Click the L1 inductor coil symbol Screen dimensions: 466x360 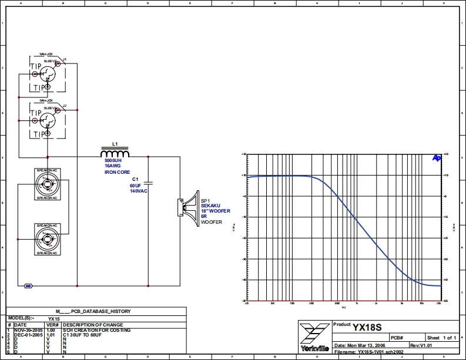point(115,154)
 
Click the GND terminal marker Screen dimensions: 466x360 point(28,286)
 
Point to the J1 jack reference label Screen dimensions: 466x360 point(65,60)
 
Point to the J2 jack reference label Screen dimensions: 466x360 point(65,106)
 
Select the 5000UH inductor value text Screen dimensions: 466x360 point(114,161)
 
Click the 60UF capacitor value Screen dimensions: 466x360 point(136,186)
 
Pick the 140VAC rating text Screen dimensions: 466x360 point(139,191)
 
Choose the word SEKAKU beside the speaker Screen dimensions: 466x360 point(211,206)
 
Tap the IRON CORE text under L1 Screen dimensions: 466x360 point(118,172)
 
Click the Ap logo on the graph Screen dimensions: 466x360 point(437,157)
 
